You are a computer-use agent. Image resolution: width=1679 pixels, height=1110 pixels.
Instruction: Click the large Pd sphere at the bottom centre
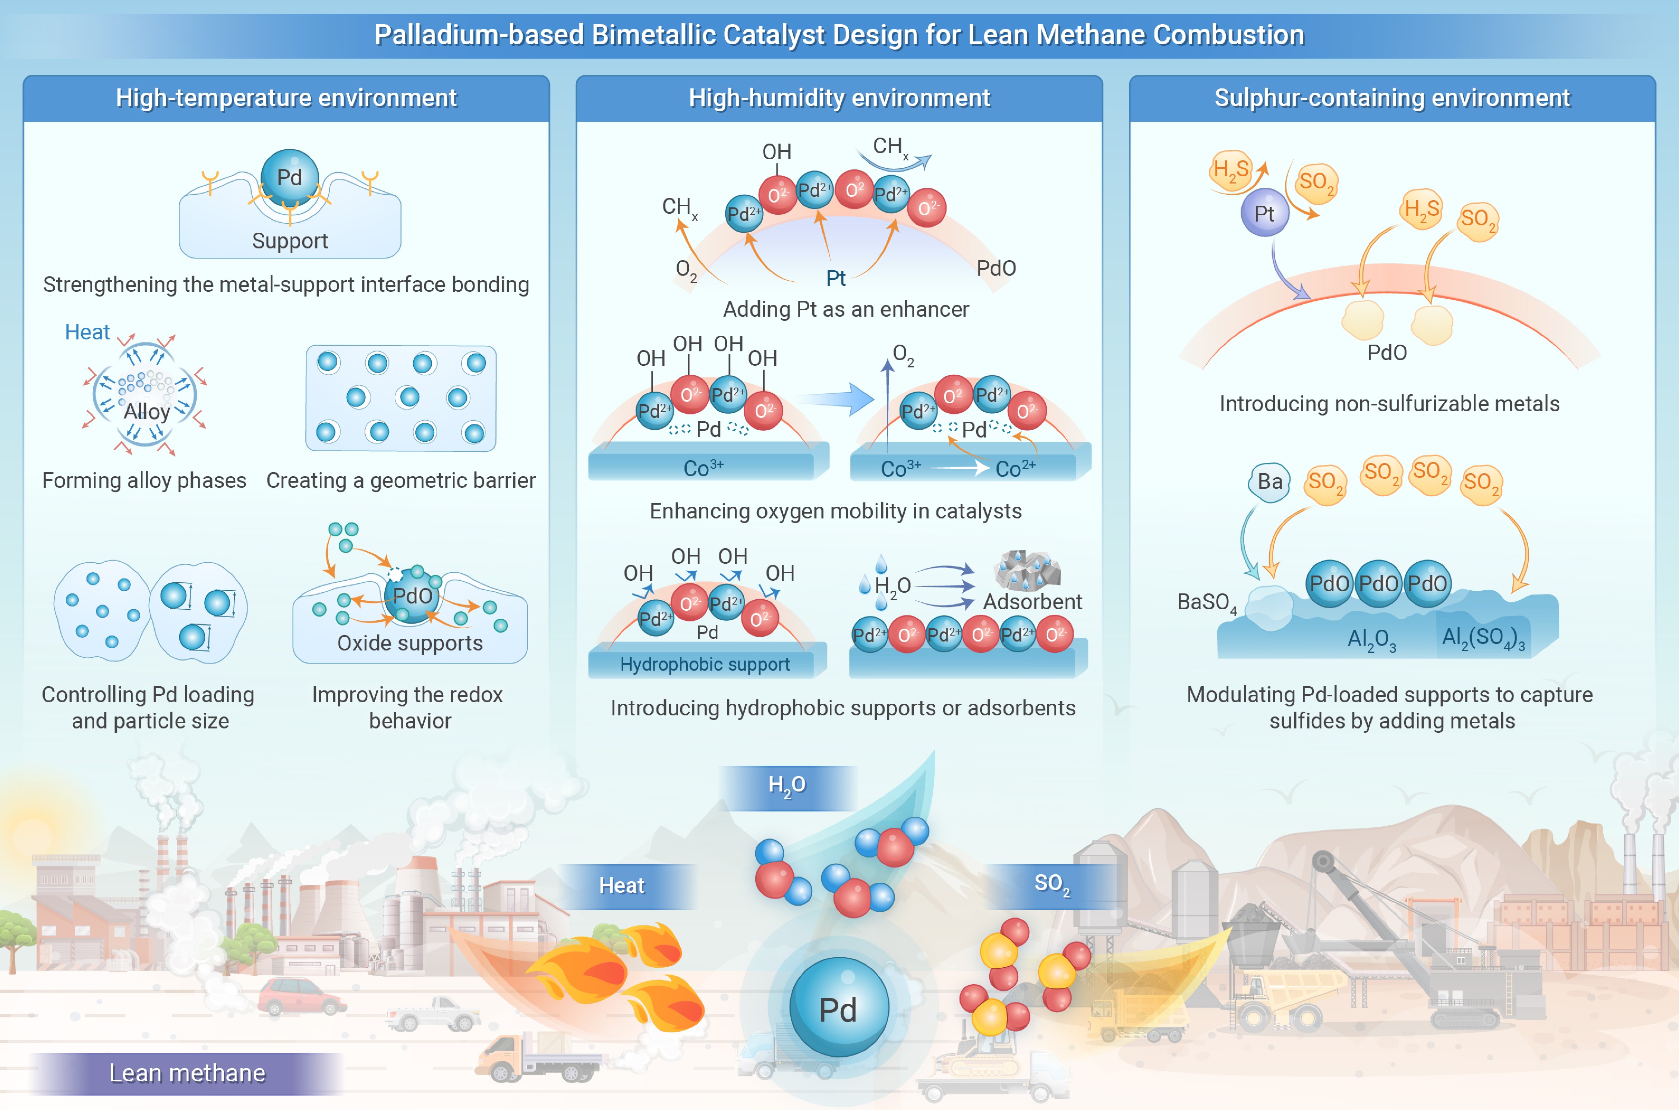838,1007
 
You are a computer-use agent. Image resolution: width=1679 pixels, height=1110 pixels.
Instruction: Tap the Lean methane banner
187,1073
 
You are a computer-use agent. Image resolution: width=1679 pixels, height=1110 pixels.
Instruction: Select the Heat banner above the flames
622,885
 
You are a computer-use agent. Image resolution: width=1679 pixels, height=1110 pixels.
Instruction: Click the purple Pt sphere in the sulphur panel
1264,213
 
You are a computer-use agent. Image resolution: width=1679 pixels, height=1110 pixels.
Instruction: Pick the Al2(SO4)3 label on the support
1483,639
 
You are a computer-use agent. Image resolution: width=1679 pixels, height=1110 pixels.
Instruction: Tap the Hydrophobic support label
705,664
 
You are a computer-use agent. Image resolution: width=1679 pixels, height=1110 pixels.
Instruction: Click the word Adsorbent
1032,602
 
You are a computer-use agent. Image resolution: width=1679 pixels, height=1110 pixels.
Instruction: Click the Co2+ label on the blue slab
1015,468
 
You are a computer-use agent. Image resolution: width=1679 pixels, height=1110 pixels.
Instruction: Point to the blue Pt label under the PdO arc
836,278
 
